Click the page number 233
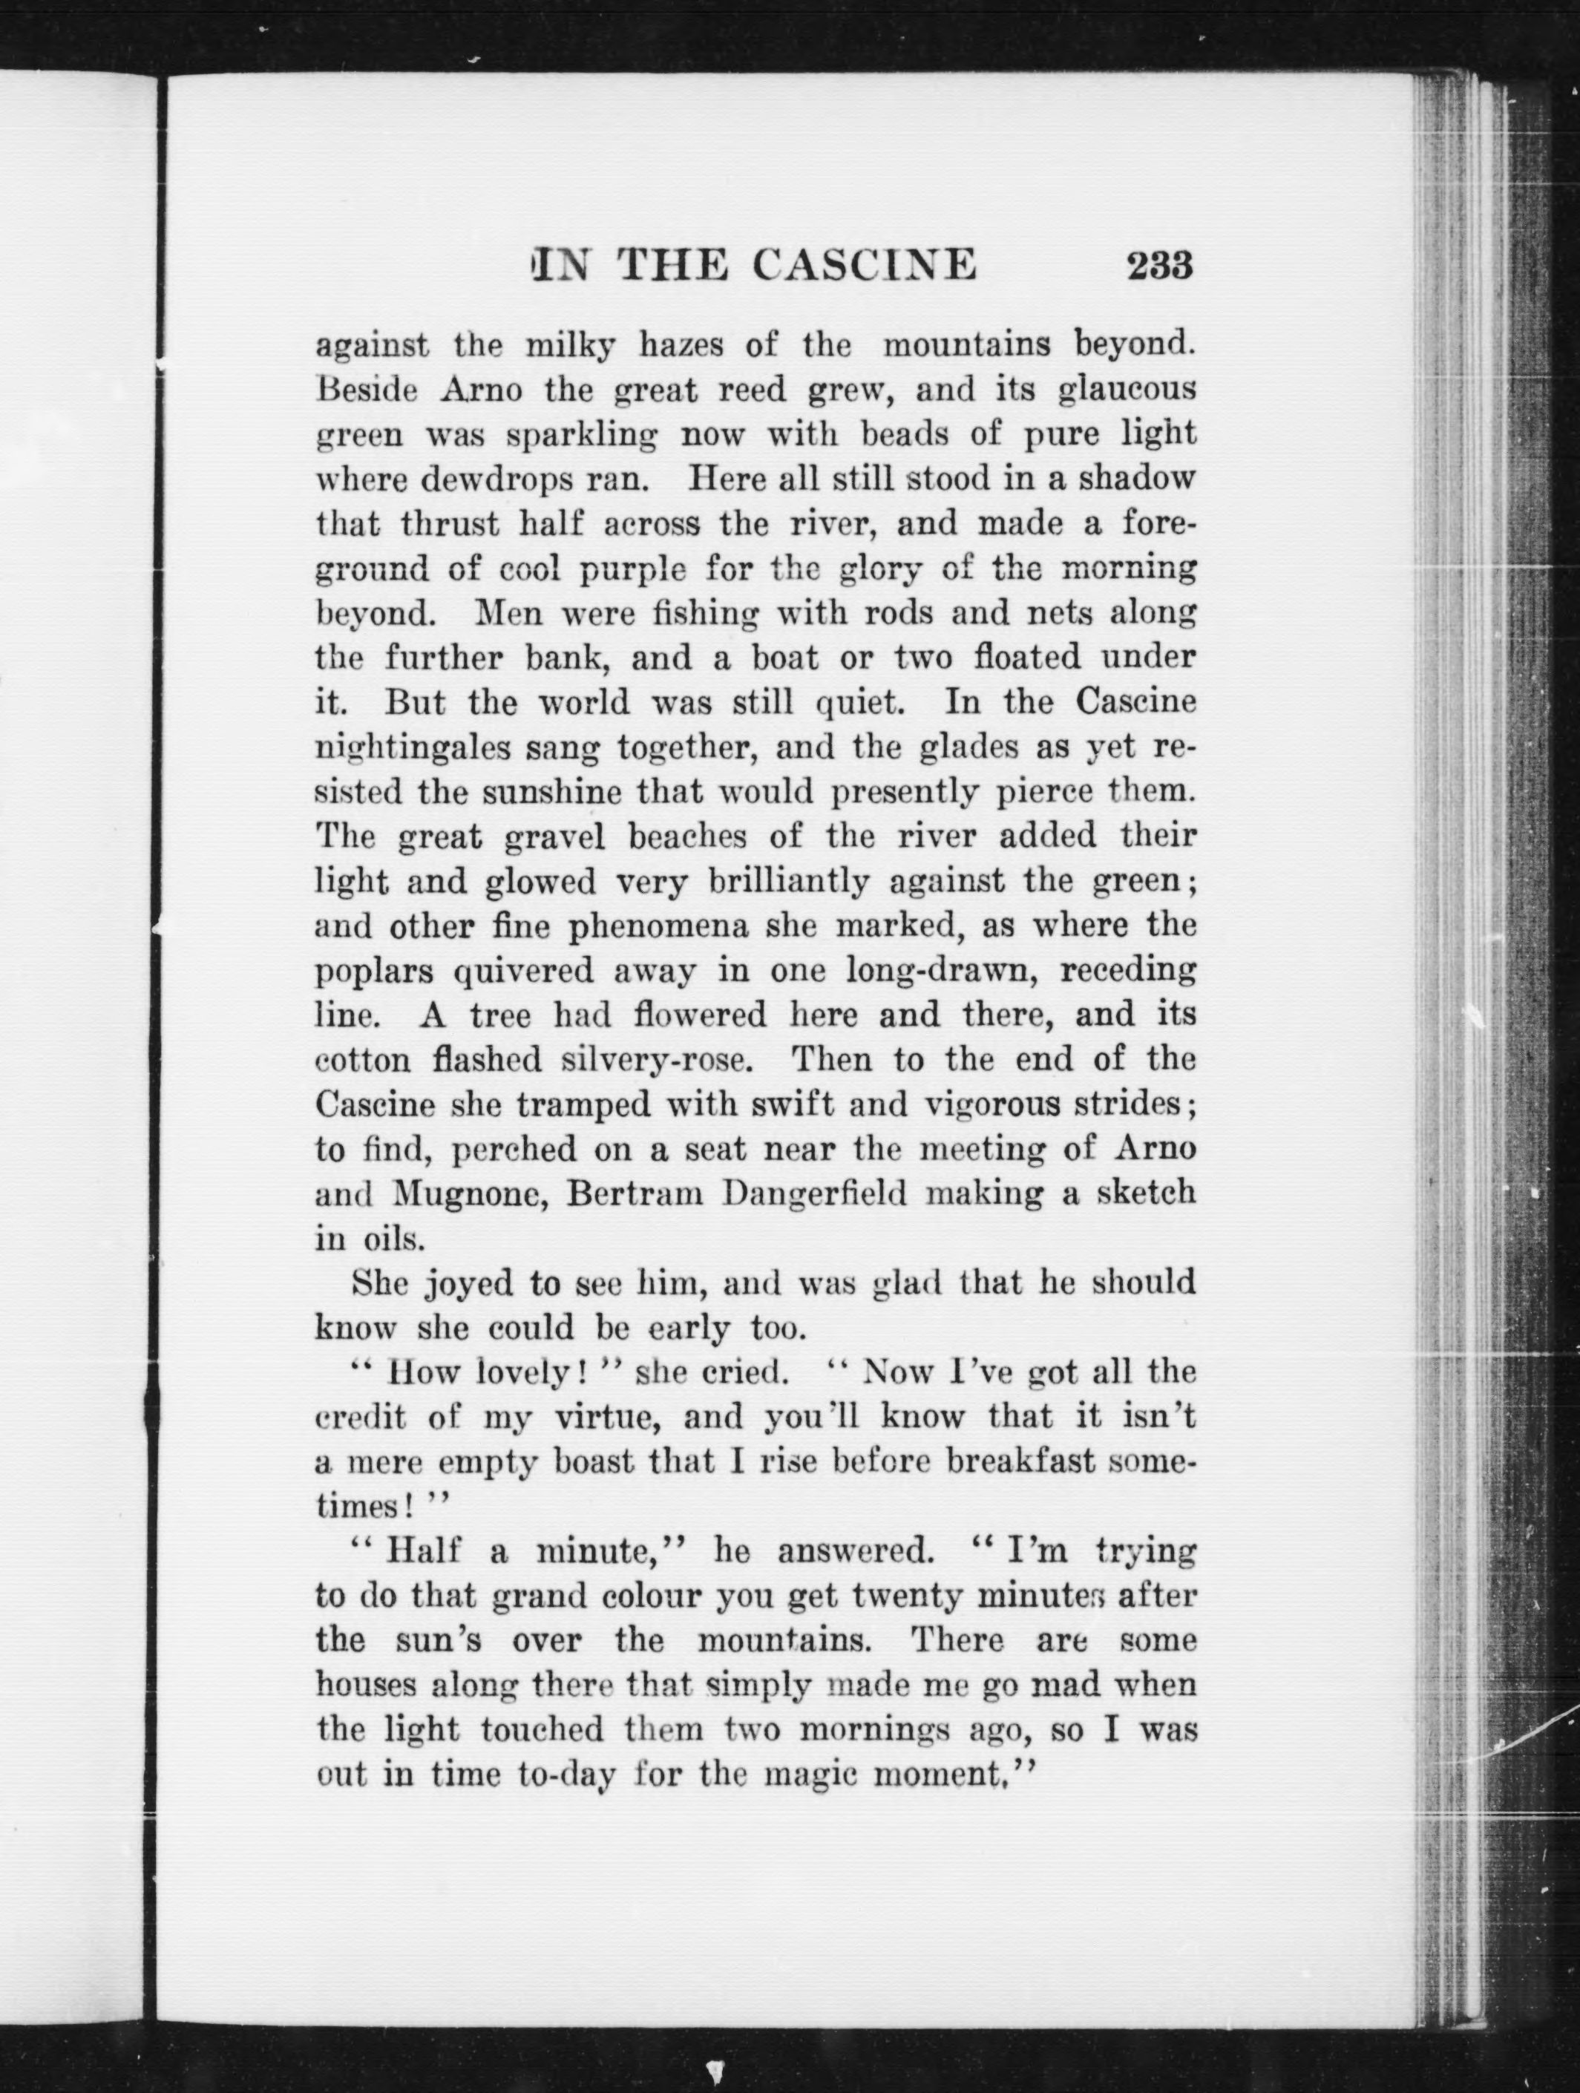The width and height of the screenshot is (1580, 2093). pyautogui.click(x=1160, y=265)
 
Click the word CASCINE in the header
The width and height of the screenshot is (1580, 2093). pyautogui.click(x=864, y=265)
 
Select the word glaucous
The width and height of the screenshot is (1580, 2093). pyautogui.click(x=1127, y=390)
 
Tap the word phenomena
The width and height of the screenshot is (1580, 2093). pyautogui.click(x=658, y=927)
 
